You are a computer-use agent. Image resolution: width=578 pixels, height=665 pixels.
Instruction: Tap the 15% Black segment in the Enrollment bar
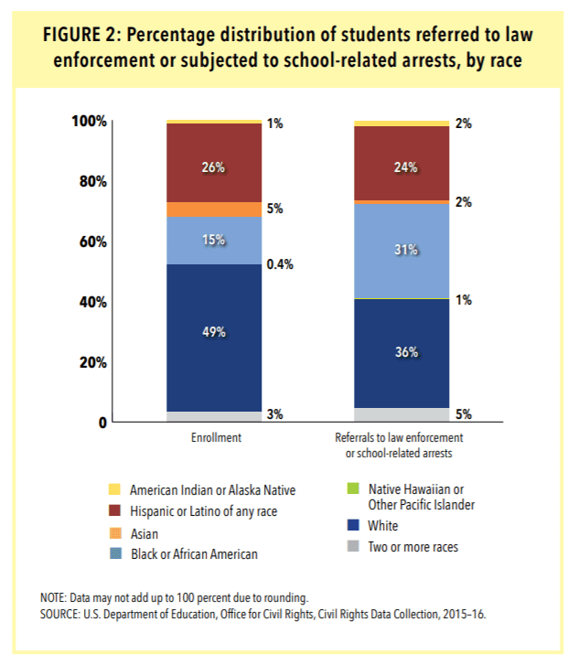coord(214,241)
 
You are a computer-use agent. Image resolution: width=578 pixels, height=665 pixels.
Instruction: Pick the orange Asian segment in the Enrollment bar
coord(214,209)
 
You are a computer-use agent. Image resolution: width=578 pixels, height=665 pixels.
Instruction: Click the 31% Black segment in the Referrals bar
coord(401,251)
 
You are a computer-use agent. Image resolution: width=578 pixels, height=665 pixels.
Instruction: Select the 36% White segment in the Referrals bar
coord(401,352)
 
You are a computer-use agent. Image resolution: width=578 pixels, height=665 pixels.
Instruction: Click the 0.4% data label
coord(280,264)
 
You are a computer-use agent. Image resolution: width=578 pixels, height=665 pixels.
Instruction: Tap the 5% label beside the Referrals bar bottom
coord(464,414)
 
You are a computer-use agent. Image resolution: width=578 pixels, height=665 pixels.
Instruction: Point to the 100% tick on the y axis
coord(90,122)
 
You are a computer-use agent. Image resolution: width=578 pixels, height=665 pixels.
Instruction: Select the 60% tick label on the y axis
coord(93,242)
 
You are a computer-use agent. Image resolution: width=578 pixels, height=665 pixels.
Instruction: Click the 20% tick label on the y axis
coord(93,362)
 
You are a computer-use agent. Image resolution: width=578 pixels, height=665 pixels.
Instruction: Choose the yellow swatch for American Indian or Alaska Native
coord(115,490)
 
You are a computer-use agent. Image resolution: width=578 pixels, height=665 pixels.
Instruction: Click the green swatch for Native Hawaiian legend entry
coord(350,490)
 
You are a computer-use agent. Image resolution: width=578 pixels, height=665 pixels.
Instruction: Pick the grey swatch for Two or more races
coord(350,547)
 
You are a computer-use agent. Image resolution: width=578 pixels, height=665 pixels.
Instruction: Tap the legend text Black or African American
coord(193,553)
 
